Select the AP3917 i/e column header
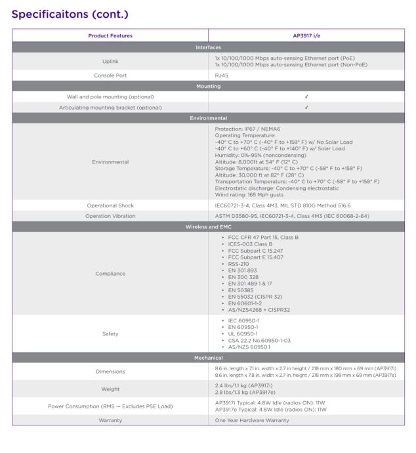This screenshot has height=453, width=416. pos(306,35)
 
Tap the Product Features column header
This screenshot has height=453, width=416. pos(110,35)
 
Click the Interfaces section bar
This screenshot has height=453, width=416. pos(208,47)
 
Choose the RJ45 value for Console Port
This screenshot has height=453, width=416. pos(222,75)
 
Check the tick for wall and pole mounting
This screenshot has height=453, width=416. pos(306,97)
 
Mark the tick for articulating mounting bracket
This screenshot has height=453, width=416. pos(306,108)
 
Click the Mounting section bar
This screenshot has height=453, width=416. pos(208,86)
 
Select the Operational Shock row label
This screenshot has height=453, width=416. pos(110,205)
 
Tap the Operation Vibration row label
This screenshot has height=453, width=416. pos(110,215)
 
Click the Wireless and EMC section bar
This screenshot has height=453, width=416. pos(208,226)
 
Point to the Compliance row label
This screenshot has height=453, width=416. pos(110,273)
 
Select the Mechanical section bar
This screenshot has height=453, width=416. pos(208,360)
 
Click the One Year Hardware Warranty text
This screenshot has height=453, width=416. pos(256,420)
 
